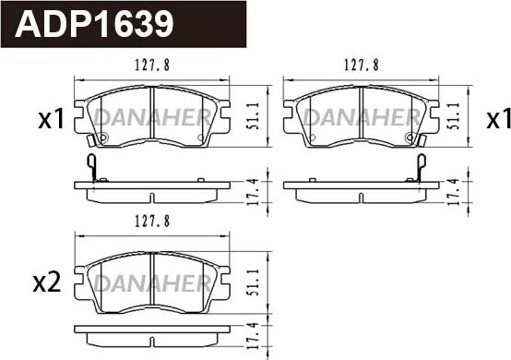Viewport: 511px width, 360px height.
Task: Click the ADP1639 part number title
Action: tap(94, 24)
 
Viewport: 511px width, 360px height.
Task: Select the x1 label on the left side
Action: tap(48, 120)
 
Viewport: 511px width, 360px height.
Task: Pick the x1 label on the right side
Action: tap(498, 120)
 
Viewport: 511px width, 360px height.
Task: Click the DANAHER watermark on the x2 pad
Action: tap(151, 280)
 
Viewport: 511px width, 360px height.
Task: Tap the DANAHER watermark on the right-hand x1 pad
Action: tap(361, 117)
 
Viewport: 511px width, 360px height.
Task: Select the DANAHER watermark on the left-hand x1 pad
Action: tap(151, 117)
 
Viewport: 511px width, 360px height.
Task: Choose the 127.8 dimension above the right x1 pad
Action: tap(361, 66)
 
